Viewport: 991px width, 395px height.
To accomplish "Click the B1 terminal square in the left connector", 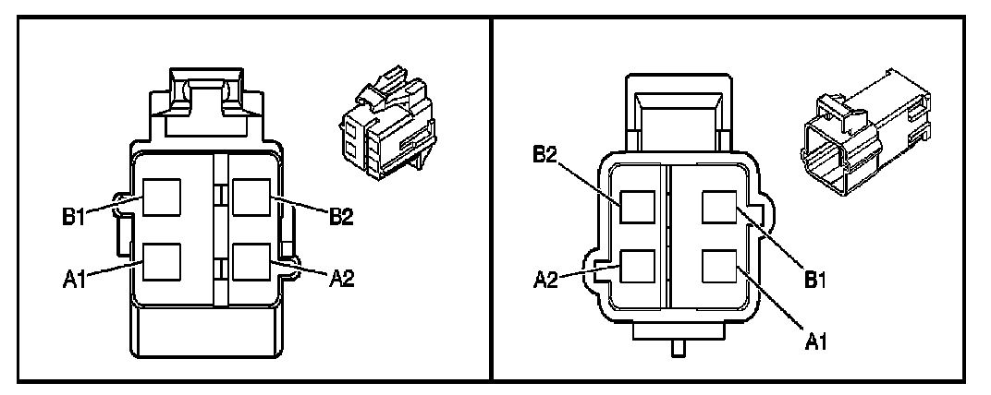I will (x=161, y=197).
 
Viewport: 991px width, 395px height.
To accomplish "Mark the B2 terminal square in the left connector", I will (x=251, y=197).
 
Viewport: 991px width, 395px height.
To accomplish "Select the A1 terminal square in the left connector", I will (x=161, y=261).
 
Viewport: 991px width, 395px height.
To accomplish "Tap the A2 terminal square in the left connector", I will (x=251, y=261).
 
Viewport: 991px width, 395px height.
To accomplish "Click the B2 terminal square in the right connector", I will (x=639, y=207).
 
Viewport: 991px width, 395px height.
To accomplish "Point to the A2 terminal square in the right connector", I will (x=639, y=268).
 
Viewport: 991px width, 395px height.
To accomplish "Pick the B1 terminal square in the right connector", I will (x=720, y=207).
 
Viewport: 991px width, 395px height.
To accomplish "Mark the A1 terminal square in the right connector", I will (x=720, y=268).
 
